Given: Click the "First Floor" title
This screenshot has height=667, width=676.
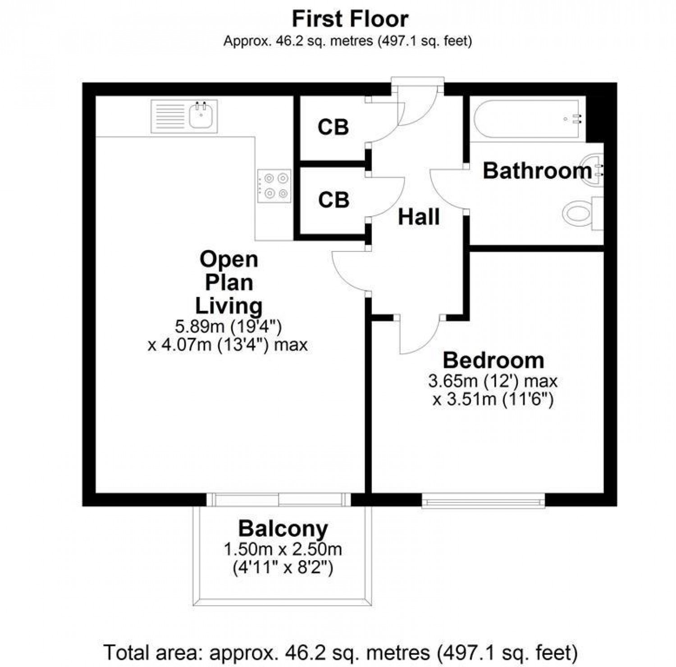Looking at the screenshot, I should click(350, 19).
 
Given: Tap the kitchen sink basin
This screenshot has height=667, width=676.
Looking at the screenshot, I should click(200, 116).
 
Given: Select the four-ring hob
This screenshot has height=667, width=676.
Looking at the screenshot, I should click(274, 186).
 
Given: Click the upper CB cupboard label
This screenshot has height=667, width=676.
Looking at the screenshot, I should click(333, 128).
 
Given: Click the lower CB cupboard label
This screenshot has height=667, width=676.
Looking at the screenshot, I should click(333, 200).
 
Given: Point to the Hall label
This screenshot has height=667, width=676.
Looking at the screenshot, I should click(419, 217).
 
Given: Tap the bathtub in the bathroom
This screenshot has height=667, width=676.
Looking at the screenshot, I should click(527, 119).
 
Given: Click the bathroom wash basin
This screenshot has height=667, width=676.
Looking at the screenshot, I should click(593, 170).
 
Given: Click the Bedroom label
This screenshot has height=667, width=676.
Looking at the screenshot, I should click(493, 361).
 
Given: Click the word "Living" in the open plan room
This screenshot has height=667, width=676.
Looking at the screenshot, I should click(228, 306).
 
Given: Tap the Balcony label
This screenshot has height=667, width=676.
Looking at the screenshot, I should click(283, 529).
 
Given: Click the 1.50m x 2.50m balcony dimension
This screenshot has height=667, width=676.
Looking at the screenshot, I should click(283, 549).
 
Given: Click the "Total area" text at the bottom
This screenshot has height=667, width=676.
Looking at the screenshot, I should click(340, 652).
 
